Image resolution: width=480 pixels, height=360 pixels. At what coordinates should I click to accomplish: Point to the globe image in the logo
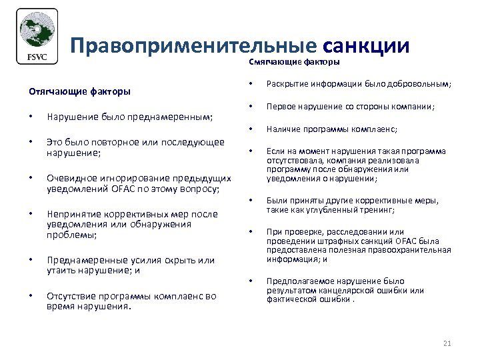36,31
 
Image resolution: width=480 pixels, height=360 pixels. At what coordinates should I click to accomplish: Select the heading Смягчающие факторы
294,62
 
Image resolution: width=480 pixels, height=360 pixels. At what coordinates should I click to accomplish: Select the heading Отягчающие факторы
79,91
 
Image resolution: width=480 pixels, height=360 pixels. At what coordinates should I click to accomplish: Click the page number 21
447,343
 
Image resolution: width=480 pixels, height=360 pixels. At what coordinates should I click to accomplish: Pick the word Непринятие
72,215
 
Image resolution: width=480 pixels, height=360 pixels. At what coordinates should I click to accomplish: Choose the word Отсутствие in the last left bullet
71,296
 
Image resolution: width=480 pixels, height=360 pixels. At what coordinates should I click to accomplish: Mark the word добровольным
424,85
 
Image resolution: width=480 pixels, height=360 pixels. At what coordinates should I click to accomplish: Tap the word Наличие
284,129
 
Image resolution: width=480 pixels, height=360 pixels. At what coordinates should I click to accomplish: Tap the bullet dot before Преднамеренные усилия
31,260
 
